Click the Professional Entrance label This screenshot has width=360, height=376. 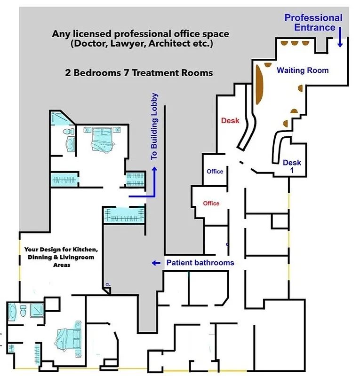(313, 22)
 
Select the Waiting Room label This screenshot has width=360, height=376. (303, 70)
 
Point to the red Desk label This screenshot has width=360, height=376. (230, 121)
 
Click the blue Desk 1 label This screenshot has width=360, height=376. (292, 166)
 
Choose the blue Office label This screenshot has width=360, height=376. (215, 172)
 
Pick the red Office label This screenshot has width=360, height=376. (211, 204)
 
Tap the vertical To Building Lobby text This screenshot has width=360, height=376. (155, 127)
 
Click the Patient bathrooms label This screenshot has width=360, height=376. (200, 263)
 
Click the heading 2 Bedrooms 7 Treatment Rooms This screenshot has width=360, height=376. (139, 73)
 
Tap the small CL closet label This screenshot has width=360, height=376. (108, 284)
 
